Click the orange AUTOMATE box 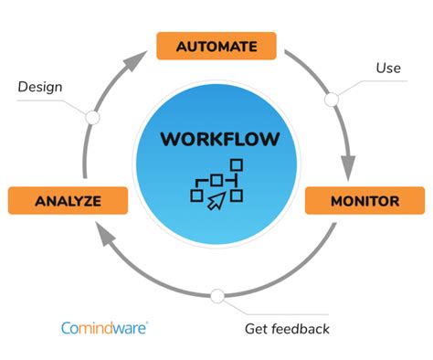pyautogui.click(x=216, y=45)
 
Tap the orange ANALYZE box pyautogui.click(x=67, y=200)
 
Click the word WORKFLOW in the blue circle pyautogui.click(x=216, y=140)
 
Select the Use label pyautogui.click(x=388, y=68)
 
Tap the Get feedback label pyautogui.click(x=287, y=328)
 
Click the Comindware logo pyautogui.click(x=106, y=326)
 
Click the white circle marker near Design pyautogui.click(x=91, y=117)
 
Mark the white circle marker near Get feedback pyautogui.click(x=216, y=296)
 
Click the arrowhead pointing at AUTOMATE pyautogui.click(x=134, y=64)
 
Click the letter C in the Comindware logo pyautogui.click(x=67, y=327)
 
